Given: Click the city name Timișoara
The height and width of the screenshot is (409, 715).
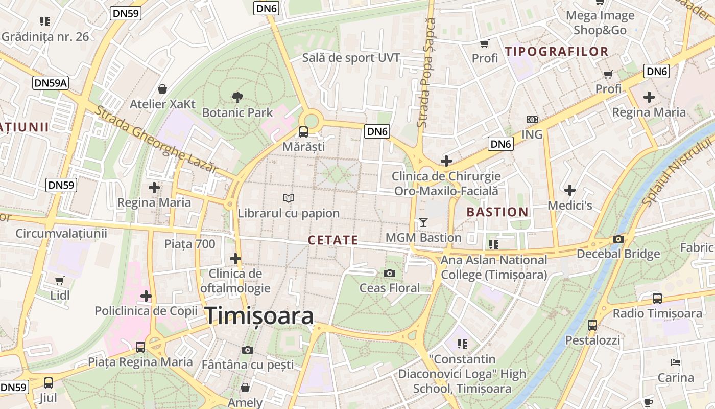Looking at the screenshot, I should [x=259, y=315].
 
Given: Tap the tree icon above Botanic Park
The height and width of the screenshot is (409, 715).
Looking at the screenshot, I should [x=237, y=97].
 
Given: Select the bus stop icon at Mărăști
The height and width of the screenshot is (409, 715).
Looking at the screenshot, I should [x=303, y=131].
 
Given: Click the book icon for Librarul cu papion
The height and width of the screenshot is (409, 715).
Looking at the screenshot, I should [x=289, y=198].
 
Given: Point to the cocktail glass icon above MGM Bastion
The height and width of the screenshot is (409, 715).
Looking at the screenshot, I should [x=423, y=222].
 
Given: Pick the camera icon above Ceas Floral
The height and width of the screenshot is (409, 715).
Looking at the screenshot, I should [x=390, y=273].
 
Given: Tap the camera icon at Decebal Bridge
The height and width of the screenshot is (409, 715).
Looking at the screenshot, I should [x=618, y=239].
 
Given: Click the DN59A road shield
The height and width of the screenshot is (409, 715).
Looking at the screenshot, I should [x=51, y=82].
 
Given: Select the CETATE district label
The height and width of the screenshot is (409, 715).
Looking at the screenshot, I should [x=333, y=240].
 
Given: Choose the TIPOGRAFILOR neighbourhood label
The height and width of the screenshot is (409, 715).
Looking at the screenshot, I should [x=557, y=51].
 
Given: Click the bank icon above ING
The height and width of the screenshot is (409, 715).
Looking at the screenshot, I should [x=532, y=119].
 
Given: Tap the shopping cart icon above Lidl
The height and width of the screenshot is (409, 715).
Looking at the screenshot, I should [x=60, y=280].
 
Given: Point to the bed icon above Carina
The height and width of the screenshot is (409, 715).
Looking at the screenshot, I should [x=675, y=362].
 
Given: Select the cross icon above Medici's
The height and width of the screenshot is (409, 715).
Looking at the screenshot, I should [x=570, y=190].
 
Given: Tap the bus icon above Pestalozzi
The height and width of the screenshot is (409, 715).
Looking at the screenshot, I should [x=592, y=325].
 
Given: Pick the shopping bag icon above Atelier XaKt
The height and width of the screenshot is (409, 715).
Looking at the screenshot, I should [x=162, y=89].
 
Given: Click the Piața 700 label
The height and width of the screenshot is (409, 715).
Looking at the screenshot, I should [x=189, y=244].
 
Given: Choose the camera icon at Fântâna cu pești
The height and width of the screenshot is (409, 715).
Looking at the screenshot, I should [x=248, y=350].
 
